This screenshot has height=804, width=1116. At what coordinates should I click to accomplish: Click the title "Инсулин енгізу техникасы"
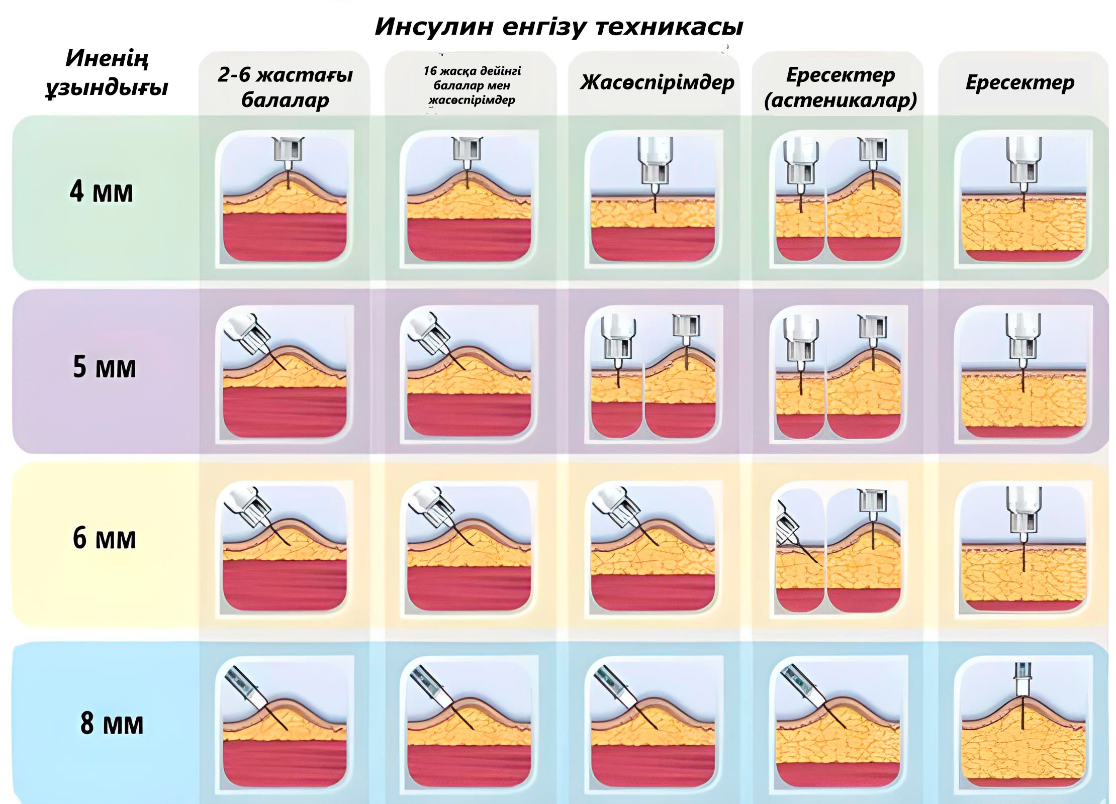559,27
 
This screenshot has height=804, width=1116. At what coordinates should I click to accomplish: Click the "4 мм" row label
102,191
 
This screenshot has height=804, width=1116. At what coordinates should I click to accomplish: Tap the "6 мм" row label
104,538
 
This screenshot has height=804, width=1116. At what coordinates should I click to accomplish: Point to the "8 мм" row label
112,723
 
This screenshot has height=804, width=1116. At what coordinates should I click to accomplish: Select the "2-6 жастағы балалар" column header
285,87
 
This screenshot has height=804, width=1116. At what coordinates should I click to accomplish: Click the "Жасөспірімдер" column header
657,82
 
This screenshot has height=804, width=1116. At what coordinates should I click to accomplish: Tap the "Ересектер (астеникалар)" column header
841,87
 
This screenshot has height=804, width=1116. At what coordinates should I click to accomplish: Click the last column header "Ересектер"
1020,82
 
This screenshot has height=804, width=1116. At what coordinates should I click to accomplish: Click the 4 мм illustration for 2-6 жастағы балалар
285,198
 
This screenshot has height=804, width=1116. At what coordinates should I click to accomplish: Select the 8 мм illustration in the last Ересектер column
1024,724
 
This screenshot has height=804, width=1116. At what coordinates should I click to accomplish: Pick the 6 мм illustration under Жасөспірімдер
654,548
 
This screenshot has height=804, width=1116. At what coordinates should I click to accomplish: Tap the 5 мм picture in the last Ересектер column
1024,374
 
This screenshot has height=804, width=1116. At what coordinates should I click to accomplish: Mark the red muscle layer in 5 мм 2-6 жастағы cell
285,412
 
